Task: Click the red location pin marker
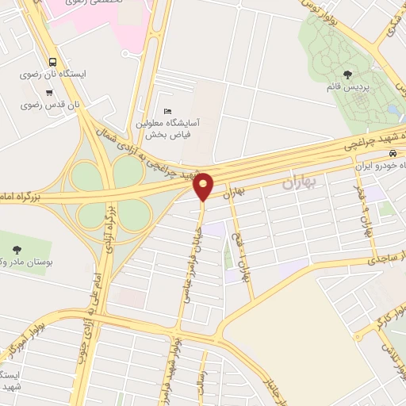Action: (204, 186)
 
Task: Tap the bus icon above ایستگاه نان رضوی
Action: (52, 62)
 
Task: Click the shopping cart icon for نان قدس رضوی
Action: (49, 93)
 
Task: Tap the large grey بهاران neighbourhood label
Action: (301, 183)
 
